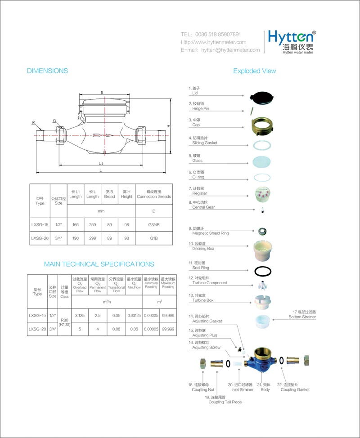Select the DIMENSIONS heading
(x=47, y=71)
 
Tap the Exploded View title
(x=254, y=71)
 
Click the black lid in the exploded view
(x=262, y=97)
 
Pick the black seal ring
(x=262, y=272)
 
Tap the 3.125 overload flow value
(x=80, y=316)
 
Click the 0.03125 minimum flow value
(x=134, y=316)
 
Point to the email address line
(x=220, y=50)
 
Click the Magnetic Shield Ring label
(x=210, y=234)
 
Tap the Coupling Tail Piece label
(x=225, y=402)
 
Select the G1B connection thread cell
(x=153, y=238)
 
